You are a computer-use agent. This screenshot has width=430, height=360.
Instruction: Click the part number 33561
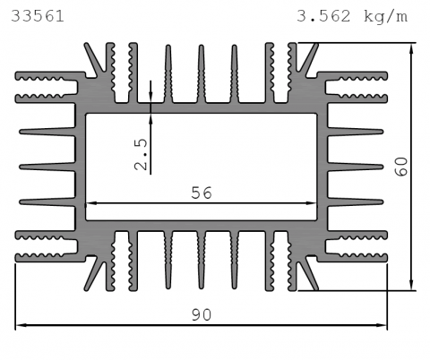coord(38,16)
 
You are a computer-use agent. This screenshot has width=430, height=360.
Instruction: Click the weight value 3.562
coord(323,16)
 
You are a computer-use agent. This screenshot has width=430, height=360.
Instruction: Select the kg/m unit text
coord(385,16)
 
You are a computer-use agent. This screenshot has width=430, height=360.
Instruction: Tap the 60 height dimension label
coord(401,167)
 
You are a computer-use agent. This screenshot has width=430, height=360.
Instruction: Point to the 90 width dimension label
coord(202,315)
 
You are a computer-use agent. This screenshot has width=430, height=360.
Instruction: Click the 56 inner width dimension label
coord(202,193)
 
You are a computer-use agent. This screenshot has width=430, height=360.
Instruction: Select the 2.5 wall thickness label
coord(141,155)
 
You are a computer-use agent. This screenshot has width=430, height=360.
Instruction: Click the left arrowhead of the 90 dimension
coord(20,325)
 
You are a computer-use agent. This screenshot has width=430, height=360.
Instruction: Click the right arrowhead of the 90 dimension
coord(383,325)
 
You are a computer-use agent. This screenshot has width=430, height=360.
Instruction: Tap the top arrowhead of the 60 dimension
coord(412,48)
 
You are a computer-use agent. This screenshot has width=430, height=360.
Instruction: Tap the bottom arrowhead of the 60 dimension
coord(412,285)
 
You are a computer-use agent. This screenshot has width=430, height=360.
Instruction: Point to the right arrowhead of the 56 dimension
coord(312,203)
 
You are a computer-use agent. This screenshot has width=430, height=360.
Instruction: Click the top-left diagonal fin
coord(94,57)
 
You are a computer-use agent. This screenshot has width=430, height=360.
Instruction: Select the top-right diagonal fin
coord(308,58)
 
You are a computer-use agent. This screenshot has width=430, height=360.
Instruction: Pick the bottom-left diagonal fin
coord(94,276)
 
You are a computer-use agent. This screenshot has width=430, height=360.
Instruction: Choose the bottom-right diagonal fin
coord(308,275)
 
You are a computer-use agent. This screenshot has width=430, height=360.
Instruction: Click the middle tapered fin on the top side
coord(202,73)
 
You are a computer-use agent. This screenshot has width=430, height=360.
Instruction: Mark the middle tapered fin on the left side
coord(47,167)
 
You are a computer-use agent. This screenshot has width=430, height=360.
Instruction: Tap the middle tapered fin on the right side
coord(356,167)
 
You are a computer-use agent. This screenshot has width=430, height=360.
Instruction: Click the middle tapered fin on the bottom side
coord(202,260)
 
